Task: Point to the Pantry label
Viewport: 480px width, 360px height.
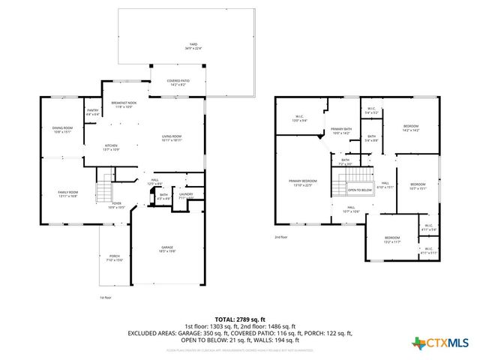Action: pyautogui.click(x=93, y=112)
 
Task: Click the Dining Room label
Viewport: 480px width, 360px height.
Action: pyautogui.click(x=63, y=130)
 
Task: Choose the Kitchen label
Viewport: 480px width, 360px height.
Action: pyautogui.click(x=111, y=147)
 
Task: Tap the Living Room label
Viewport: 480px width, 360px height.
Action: pyautogui.click(x=172, y=137)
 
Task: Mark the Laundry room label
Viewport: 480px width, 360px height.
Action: pyautogui.click(x=185, y=196)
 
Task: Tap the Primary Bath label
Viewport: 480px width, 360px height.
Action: pyautogui.click(x=341, y=131)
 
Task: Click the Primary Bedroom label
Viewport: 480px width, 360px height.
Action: pyautogui.click(x=304, y=183)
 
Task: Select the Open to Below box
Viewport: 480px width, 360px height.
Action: pyautogui.click(x=360, y=190)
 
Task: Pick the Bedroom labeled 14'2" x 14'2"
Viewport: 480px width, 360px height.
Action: pyautogui.click(x=410, y=127)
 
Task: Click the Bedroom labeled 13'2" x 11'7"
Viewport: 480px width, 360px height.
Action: pyautogui.click(x=392, y=241)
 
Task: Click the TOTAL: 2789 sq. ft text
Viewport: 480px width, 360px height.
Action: pyautogui.click(x=239, y=319)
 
